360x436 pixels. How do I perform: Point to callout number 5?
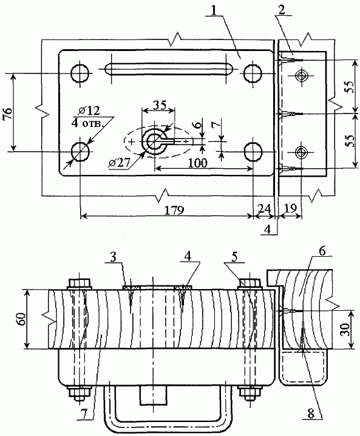coord(235,257)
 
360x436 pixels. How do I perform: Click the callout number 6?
coord(322,251)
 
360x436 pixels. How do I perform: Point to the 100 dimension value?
coord(198,163)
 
